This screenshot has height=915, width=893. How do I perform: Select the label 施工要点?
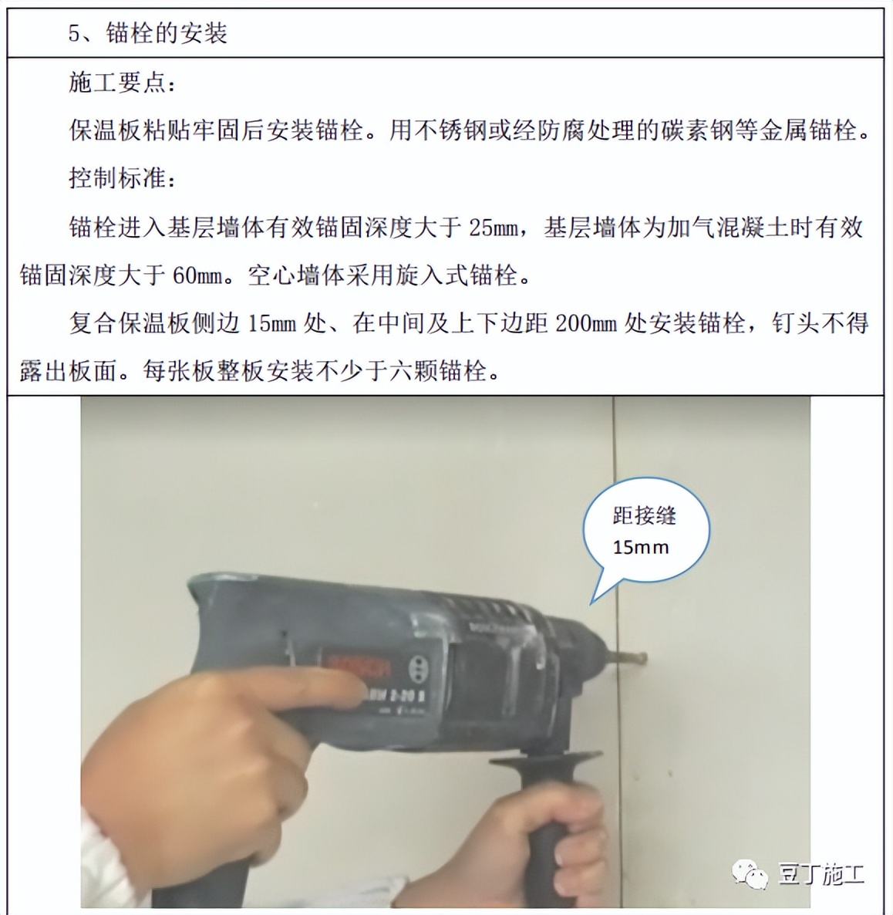click(x=116, y=82)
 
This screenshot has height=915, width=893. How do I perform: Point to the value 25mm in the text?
click(x=494, y=228)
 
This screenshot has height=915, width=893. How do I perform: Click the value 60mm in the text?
click(x=197, y=275)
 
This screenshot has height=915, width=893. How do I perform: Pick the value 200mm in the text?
click(x=585, y=323)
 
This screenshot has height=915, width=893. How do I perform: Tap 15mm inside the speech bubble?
click(x=640, y=548)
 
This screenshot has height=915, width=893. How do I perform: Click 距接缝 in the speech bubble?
click(x=644, y=515)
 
